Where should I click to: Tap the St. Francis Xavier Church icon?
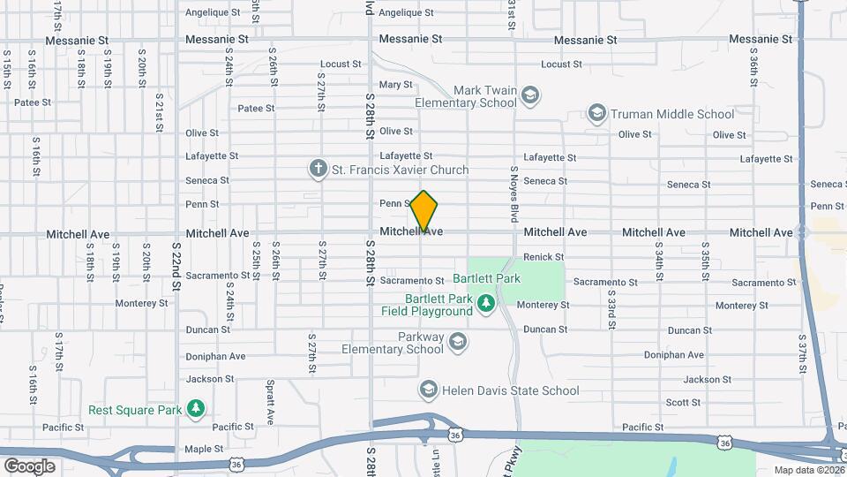[x=319, y=168]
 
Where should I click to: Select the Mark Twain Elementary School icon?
[x=530, y=95]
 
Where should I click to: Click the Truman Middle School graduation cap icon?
[x=597, y=114]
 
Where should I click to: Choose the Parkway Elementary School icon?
[x=457, y=341]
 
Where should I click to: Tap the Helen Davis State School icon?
[x=428, y=390]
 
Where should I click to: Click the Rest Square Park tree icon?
[x=195, y=409]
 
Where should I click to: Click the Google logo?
[x=29, y=466]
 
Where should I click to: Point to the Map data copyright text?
[x=808, y=470]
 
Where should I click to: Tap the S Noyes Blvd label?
[x=513, y=193]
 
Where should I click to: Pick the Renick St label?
[x=543, y=257]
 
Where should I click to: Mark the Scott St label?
[x=683, y=403]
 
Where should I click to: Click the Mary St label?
[x=395, y=85]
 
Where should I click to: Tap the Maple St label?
[x=204, y=449]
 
